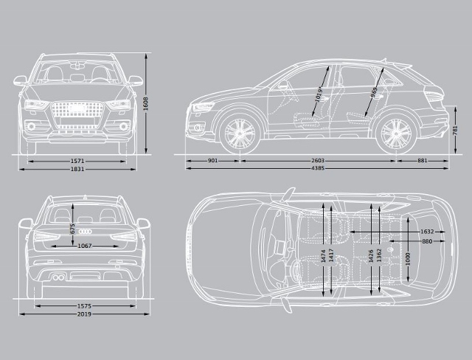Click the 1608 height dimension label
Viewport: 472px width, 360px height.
click(147, 105)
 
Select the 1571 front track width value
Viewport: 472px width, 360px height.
click(77, 160)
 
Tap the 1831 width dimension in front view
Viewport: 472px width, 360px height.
click(77, 169)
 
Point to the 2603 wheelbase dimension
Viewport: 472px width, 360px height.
click(318, 160)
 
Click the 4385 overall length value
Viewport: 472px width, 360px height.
click(318, 169)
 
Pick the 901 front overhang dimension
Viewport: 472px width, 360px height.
click(212, 160)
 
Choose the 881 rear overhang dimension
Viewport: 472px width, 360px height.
click(422, 160)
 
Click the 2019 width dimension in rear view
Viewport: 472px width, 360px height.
click(83, 314)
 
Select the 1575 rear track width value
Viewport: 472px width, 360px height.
click(83, 305)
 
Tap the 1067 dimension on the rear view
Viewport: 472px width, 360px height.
click(84, 246)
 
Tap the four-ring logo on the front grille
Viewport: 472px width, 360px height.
click(77, 108)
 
